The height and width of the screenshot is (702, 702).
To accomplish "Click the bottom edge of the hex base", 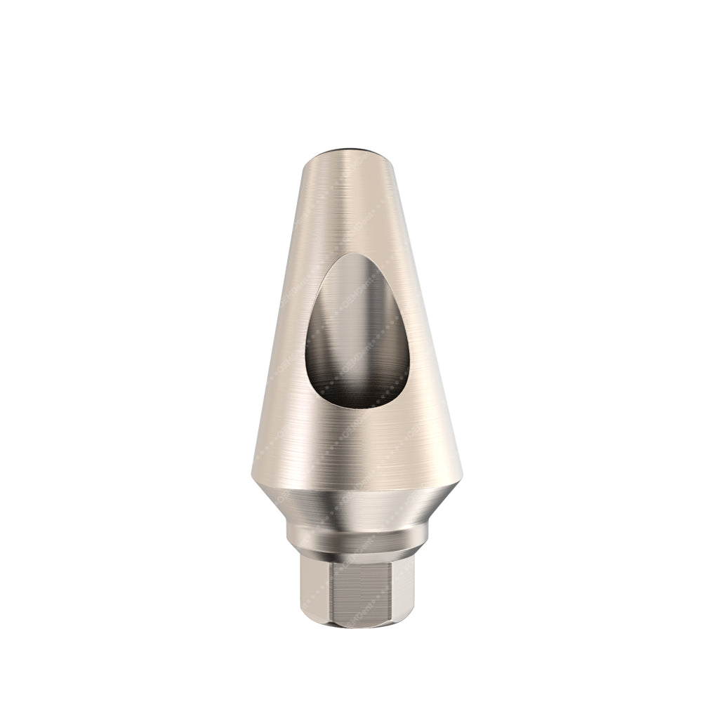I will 351,629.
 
